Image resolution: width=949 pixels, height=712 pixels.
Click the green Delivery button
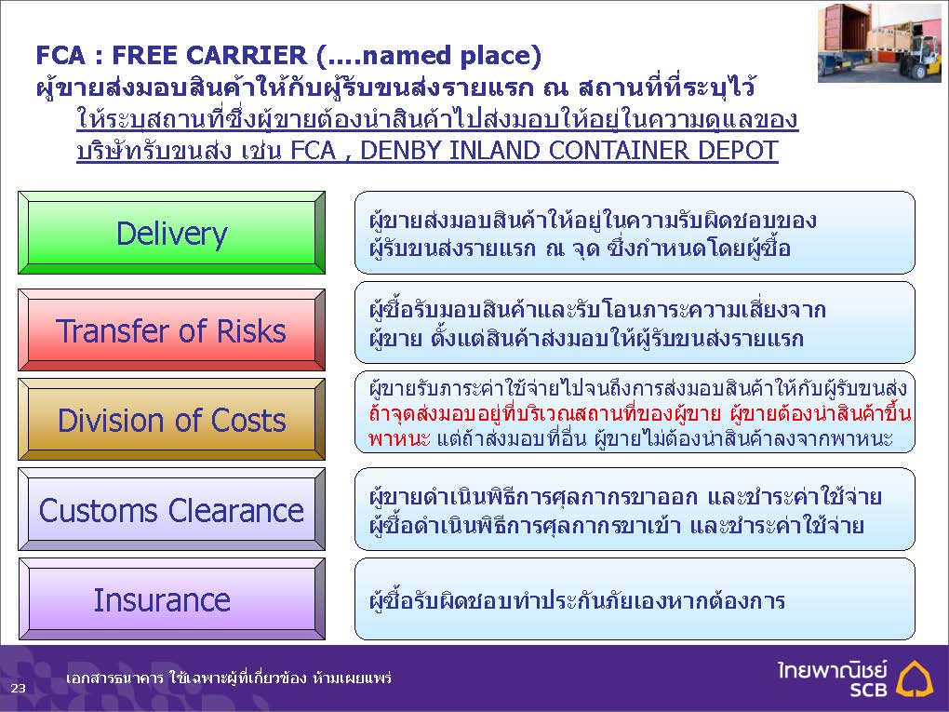click(172, 233)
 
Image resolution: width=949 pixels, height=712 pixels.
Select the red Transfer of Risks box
click(172, 330)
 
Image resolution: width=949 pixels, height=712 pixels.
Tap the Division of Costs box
click(172, 420)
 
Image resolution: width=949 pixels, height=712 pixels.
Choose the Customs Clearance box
click(172, 509)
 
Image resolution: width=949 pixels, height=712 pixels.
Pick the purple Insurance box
click(172, 599)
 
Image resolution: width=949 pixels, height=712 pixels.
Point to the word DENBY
click(399, 150)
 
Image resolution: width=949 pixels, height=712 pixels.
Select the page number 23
click(19, 688)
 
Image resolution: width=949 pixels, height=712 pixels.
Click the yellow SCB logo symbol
click(915, 678)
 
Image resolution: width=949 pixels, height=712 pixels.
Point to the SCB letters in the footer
click(868, 690)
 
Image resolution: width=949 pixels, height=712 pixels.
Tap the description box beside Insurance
click(635, 599)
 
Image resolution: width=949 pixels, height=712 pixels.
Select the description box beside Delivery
click(635, 233)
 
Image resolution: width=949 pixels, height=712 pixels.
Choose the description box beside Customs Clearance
click(635, 509)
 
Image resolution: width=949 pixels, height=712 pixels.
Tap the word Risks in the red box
click(251, 331)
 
